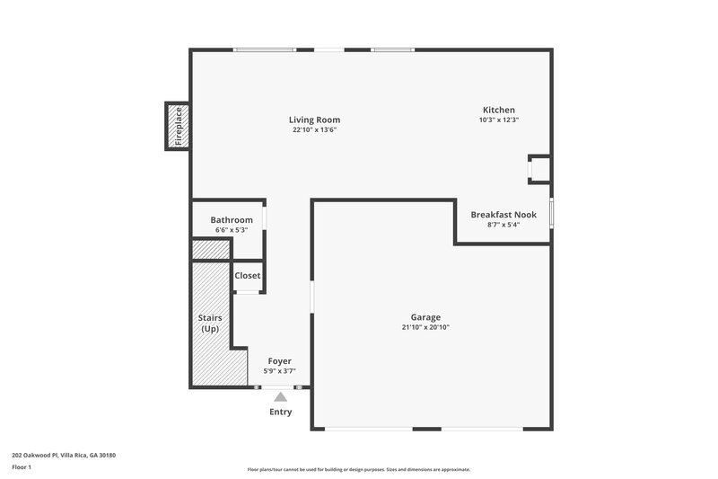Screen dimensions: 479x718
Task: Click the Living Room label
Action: pyautogui.click(x=314, y=120)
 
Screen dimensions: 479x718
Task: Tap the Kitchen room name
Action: pyautogui.click(x=499, y=110)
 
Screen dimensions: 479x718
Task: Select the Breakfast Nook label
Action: pyautogui.click(x=503, y=215)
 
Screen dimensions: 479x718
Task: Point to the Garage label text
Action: pyautogui.click(x=425, y=317)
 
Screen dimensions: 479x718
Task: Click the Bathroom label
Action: pyautogui.click(x=232, y=220)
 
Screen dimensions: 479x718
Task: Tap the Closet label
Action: pyautogui.click(x=247, y=276)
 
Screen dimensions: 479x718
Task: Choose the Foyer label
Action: pyautogui.click(x=279, y=360)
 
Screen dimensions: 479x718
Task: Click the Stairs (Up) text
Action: pyautogui.click(x=210, y=324)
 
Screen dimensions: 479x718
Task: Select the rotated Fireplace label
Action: pyautogui.click(x=178, y=126)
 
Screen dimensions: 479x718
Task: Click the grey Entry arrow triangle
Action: pyautogui.click(x=281, y=396)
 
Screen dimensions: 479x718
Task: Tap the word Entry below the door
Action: pyautogui.click(x=281, y=412)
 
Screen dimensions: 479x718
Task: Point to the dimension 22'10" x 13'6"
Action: pyautogui.click(x=314, y=129)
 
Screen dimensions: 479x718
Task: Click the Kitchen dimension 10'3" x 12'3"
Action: pyautogui.click(x=499, y=120)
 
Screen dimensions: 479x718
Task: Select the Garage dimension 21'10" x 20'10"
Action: pyautogui.click(x=425, y=327)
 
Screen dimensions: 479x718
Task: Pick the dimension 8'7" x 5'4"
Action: pyautogui.click(x=503, y=225)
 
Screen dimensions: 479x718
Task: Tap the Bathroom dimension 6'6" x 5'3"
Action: pyautogui.click(x=232, y=230)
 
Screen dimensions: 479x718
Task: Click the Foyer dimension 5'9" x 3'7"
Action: pyautogui.click(x=279, y=370)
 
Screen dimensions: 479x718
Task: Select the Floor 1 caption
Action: pyautogui.click(x=22, y=468)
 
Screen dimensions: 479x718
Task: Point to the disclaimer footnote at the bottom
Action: pyautogui.click(x=358, y=469)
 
